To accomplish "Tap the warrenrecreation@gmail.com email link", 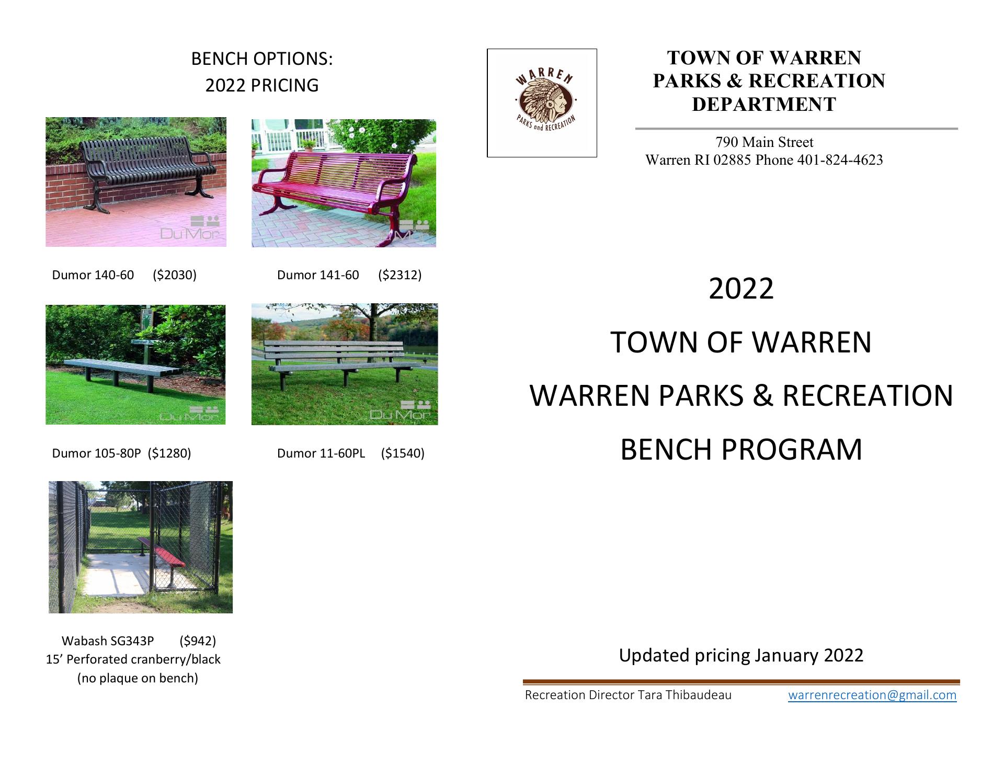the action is point(872,695).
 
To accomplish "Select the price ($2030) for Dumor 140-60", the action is point(175,275).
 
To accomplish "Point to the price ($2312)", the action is point(400,275).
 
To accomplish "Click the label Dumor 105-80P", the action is point(96,453).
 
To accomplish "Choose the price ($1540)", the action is point(403,453).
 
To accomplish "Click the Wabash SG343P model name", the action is point(108,641).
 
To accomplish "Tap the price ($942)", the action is point(198,641).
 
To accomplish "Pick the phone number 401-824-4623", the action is point(840,160).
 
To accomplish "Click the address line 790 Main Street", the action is point(765,142).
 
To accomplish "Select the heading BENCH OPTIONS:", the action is point(262,59).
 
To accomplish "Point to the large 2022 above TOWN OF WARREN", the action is point(741,289).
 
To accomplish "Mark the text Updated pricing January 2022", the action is point(741,655).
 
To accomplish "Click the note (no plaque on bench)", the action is point(138,679).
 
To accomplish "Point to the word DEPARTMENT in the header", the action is point(764,105).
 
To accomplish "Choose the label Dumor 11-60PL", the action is point(321,453).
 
